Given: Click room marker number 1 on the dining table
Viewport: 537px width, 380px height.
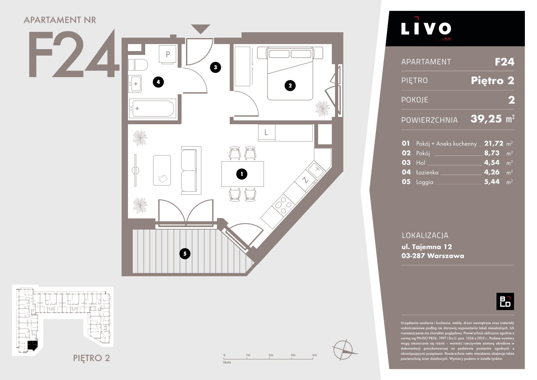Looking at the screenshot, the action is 242,174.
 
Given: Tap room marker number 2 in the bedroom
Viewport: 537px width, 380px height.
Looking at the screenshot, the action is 290,85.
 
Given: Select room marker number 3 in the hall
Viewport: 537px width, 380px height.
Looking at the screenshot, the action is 215,67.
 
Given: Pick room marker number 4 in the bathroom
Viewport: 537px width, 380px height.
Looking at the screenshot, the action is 158,82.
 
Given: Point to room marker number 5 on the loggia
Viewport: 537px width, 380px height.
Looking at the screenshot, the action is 185,254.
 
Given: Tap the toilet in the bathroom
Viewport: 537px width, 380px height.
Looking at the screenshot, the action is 138,65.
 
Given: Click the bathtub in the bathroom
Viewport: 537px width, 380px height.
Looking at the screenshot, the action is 153,109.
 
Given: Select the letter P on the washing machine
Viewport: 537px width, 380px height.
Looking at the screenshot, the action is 168,54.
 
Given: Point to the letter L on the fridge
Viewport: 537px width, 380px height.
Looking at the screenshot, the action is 266,133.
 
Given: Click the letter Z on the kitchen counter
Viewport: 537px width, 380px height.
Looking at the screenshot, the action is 305,180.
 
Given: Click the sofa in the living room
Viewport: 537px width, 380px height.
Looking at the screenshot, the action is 191,170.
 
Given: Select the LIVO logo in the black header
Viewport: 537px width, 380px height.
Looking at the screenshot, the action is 426,28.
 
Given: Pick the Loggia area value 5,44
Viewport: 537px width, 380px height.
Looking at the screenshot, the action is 492,182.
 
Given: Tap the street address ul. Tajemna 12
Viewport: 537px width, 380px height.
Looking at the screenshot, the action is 427,247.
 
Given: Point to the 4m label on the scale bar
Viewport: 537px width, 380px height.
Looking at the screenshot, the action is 314,355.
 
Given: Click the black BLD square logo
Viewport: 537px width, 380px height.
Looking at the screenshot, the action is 505,301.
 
